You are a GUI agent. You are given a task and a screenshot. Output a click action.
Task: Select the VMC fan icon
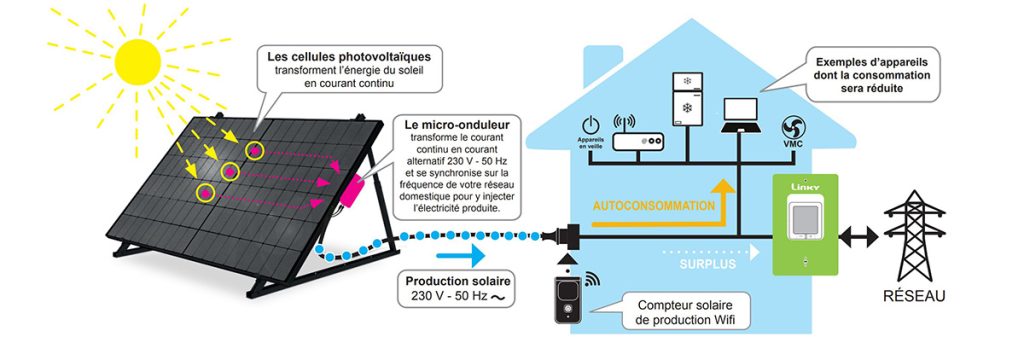(x=794, y=127)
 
